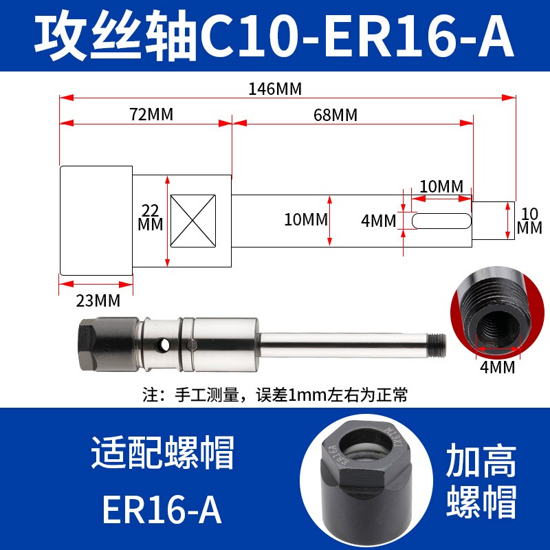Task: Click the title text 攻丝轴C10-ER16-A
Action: (275, 36)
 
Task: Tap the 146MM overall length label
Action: (275, 89)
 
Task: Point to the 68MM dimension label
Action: (335, 115)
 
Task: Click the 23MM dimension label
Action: (97, 300)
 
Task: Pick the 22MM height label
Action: (151, 217)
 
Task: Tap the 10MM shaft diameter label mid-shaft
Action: (306, 220)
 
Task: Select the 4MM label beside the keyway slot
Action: (379, 221)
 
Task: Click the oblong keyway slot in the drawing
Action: (440, 221)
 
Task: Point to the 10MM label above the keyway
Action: (441, 186)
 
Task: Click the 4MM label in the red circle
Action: (497, 366)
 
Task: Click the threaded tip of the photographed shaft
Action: (438, 340)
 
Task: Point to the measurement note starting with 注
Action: (275, 395)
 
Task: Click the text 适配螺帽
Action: (163, 456)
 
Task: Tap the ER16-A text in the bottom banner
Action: (163, 509)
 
